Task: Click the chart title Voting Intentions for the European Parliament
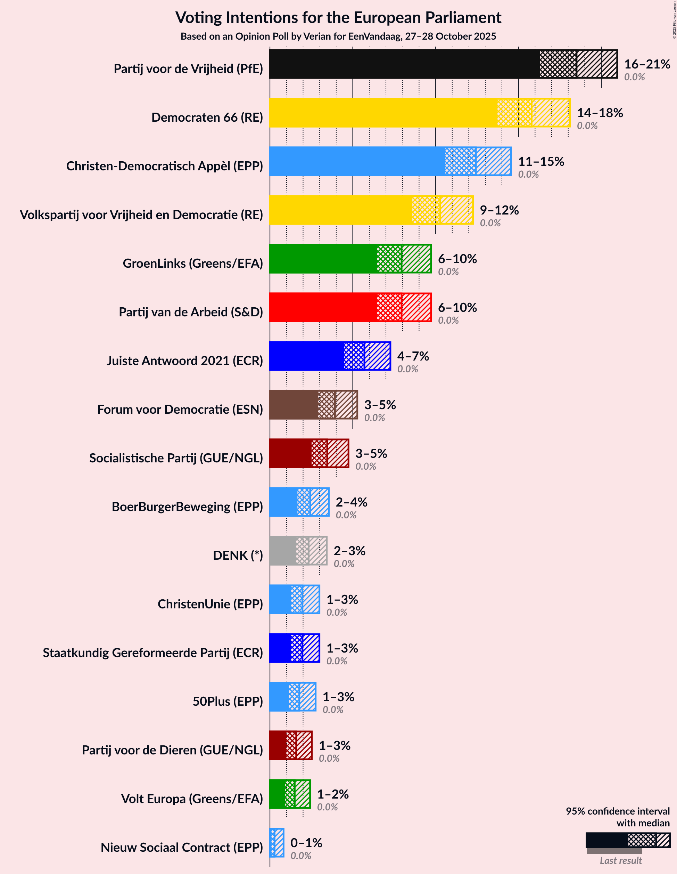(338, 18)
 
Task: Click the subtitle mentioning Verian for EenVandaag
(338, 37)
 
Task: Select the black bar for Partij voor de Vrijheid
(404, 64)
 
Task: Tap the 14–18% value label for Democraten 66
(600, 113)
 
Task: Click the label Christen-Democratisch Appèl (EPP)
(164, 166)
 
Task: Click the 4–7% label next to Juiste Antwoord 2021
(413, 356)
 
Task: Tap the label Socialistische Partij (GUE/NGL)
(176, 458)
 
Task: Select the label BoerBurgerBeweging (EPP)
(187, 507)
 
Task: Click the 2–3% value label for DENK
(349, 551)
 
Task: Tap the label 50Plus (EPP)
(228, 701)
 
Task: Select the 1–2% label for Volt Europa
(333, 794)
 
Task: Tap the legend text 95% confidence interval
(617, 811)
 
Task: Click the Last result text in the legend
(620, 860)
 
